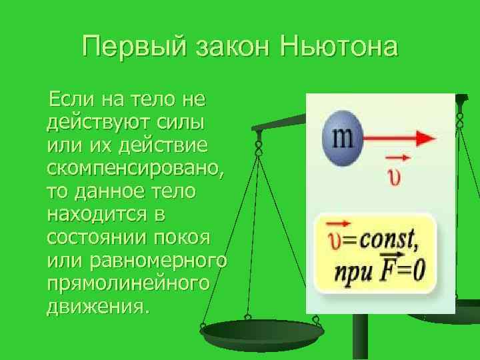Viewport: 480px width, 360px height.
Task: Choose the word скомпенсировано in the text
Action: pyautogui.click(x=136, y=169)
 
